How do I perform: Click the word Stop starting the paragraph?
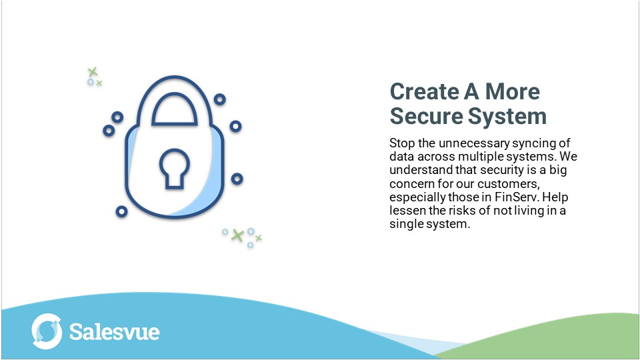tap(401, 143)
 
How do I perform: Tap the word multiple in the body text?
tap(480, 157)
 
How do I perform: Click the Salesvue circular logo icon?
tap(47, 331)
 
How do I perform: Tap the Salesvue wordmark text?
tap(114, 331)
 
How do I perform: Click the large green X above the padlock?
tap(93, 71)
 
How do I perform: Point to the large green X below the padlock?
tap(237, 235)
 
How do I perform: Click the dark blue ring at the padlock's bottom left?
tap(121, 211)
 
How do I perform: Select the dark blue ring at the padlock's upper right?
tap(219, 99)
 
